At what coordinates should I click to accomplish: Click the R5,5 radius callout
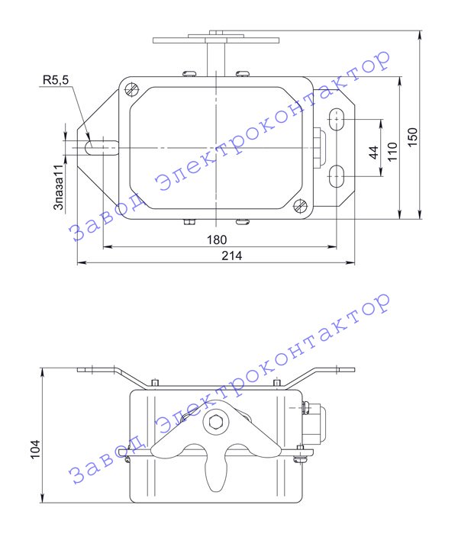(56, 80)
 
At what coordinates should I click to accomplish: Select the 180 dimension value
(217, 240)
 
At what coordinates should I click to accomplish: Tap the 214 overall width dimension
(232, 256)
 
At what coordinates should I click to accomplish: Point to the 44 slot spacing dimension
(374, 153)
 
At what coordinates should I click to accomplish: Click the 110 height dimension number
(392, 152)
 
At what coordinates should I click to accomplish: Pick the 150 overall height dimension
(413, 137)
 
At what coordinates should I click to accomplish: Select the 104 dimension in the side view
(35, 449)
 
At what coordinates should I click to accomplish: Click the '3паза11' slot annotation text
(59, 187)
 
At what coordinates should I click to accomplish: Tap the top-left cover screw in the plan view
(131, 89)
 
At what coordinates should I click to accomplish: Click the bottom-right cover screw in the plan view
(300, 206)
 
